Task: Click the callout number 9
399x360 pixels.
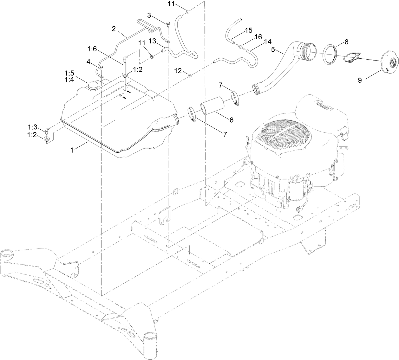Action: pos(360,80)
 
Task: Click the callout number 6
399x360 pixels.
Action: pos(231,119)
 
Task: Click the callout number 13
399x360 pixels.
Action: pos(152,41)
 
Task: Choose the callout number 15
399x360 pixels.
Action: pos(248,30)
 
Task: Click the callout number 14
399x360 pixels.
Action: pos(268,41)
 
